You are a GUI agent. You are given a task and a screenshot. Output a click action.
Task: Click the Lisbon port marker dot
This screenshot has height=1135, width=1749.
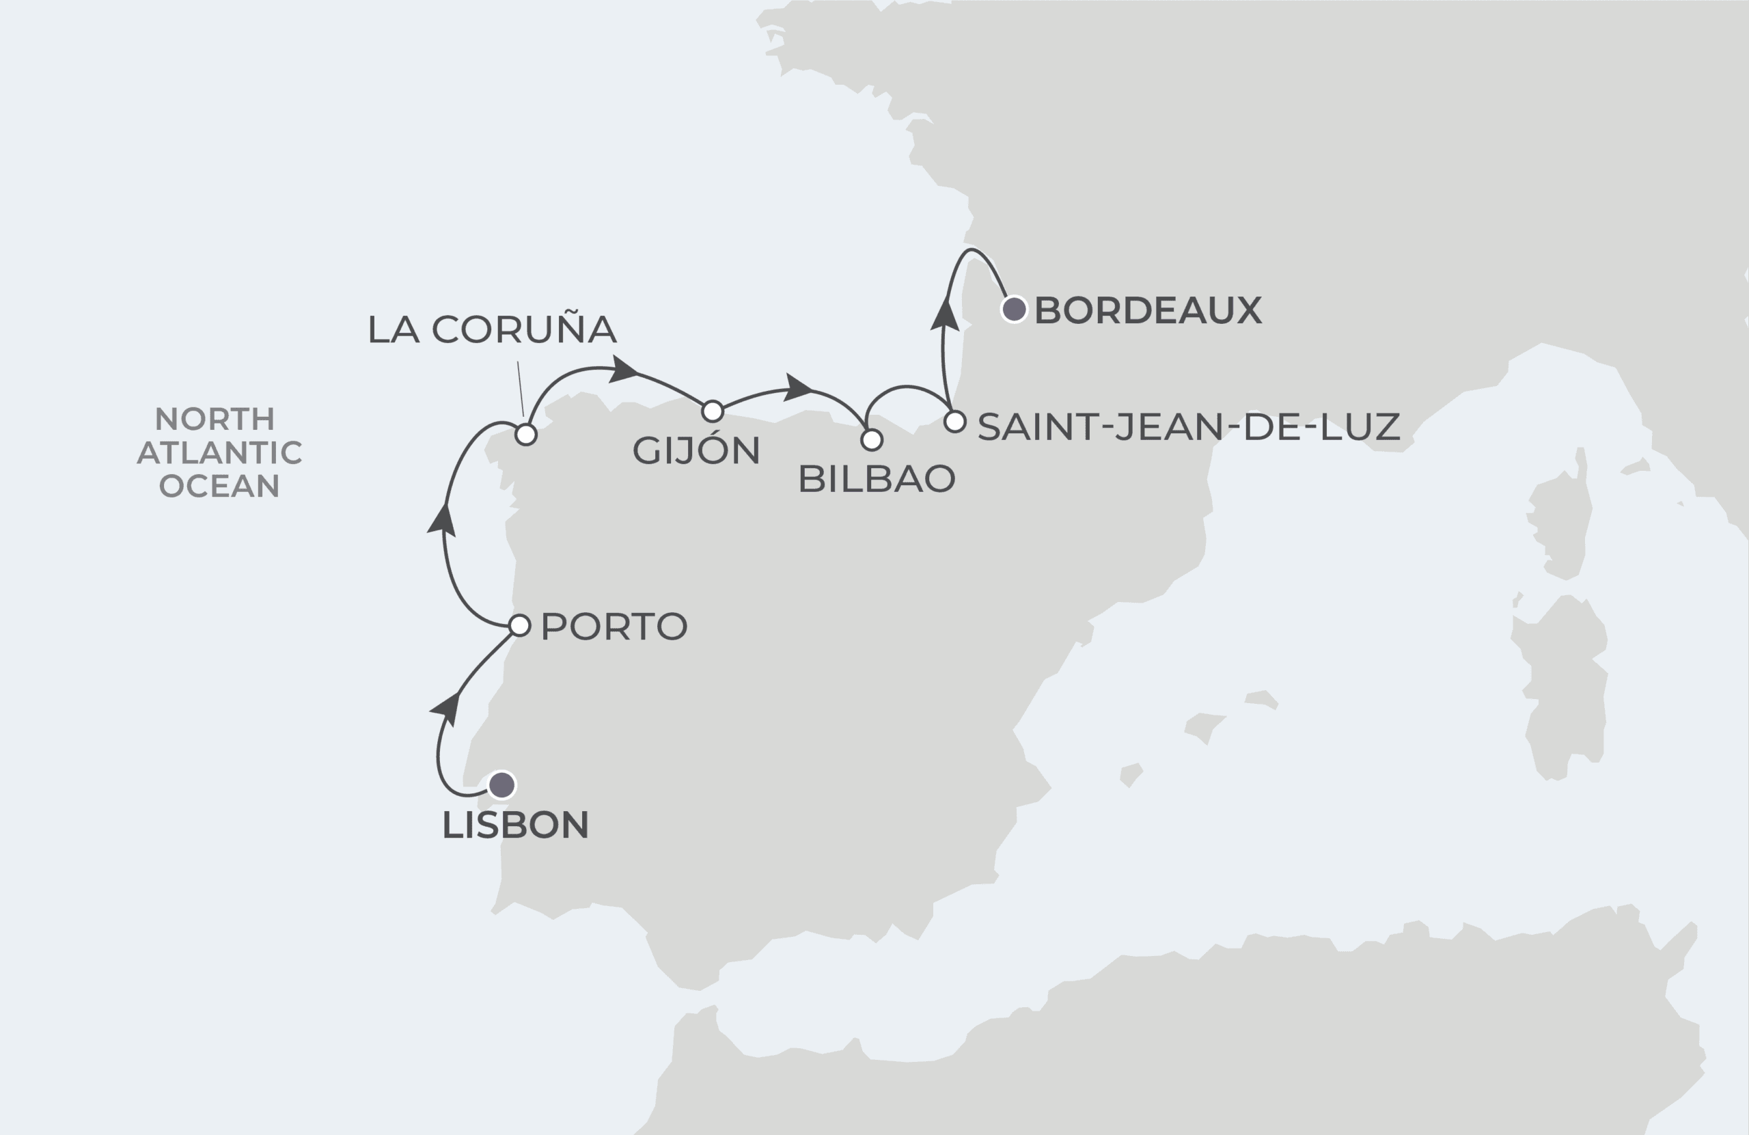(x=502, y=784)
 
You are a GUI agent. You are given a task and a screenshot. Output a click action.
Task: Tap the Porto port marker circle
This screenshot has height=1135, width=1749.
(x=519, y=625)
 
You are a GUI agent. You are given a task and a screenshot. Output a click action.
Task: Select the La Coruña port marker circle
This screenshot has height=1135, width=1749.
(x=526, y=435)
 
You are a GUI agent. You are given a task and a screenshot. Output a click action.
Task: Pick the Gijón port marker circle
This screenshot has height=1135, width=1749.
(x=713, y=411)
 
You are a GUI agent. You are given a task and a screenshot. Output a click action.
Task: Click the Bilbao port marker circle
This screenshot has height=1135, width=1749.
(x=872, y=440)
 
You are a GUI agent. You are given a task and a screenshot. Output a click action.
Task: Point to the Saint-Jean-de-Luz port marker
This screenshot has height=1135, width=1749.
(x=954, y=422)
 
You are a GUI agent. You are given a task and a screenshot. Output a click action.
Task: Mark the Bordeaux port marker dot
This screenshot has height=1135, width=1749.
(x=1014, y=310)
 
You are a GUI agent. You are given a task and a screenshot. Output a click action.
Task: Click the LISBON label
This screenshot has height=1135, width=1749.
(x=515, y=825)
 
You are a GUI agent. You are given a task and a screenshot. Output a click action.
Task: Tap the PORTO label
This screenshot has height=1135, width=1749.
(x=614, y=627)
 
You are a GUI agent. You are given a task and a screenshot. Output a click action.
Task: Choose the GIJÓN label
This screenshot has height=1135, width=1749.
(x=696, y=450)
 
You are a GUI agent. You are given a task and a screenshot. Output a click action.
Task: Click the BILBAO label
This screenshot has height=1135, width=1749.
(x=876, y=479)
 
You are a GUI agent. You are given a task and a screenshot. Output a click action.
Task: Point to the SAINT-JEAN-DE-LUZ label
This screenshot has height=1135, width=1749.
(x=1188, y=427)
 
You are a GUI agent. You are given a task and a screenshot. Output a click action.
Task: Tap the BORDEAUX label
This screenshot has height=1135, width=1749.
(x=1148, y=310)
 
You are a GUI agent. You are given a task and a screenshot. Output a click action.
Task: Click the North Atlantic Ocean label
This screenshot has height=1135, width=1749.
(x=219, y=452)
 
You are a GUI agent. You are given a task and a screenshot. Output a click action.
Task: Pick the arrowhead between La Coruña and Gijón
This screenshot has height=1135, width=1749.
(x=624, y=370)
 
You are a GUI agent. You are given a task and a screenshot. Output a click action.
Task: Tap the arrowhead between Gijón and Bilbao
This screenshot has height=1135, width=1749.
(x=798, y=387)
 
